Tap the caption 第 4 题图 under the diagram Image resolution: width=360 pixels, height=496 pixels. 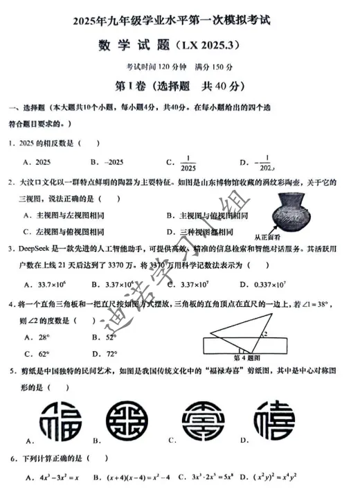(245, 357)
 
